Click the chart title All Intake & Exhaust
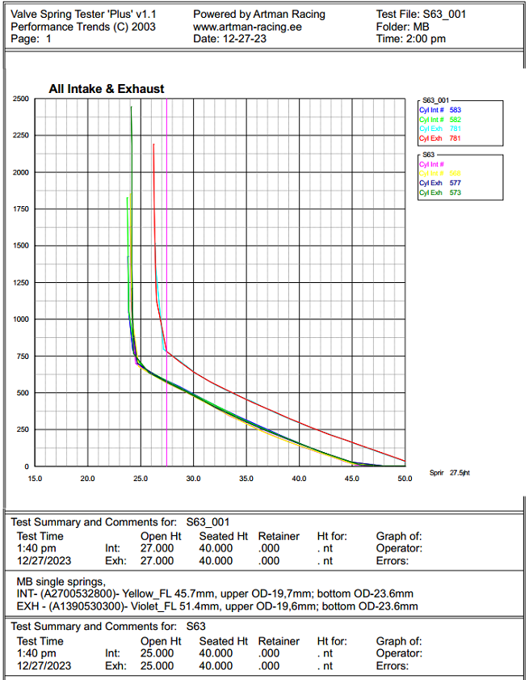(x=107, y=89)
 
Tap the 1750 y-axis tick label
(x=22, y=209)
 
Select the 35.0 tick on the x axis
(x=246, y=479)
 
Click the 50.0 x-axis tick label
(x=405, y=479)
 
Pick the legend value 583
(x=456, y=109)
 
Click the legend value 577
(x=456, y=184)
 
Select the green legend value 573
(x=456, y=193)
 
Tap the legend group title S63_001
(x=435, y=99)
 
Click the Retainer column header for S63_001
(x=279, y=536)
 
